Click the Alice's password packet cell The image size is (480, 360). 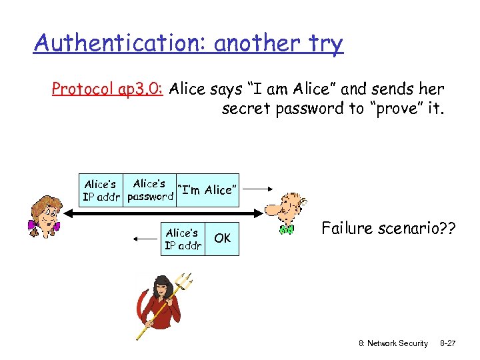[x=149, y=189]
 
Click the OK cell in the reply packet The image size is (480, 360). [x=223, y=238]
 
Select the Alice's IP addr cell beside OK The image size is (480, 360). [x=183, y=239]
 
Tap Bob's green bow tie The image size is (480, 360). [x=287, y=229]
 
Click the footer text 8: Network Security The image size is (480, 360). [x=393, y=343]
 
